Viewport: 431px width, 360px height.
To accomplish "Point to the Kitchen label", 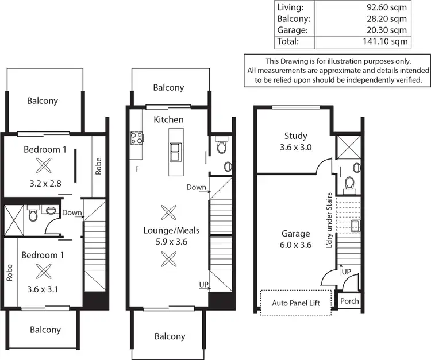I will [168, 119].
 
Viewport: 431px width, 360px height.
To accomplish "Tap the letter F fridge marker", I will [136, 169].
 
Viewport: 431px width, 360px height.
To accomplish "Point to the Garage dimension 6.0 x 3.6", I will [295, 245].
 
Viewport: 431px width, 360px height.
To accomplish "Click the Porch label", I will [349, 300].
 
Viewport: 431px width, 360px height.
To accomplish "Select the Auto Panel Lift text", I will [296, 302].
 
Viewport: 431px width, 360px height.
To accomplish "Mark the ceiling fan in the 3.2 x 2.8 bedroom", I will [43, 166].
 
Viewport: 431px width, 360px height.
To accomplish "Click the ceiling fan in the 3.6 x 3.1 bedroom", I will [43, 270].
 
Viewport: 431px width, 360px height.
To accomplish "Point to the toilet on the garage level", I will [349, 183].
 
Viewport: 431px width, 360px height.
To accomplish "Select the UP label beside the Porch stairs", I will [346, 270].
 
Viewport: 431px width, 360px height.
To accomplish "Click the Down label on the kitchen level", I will [196, 187].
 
